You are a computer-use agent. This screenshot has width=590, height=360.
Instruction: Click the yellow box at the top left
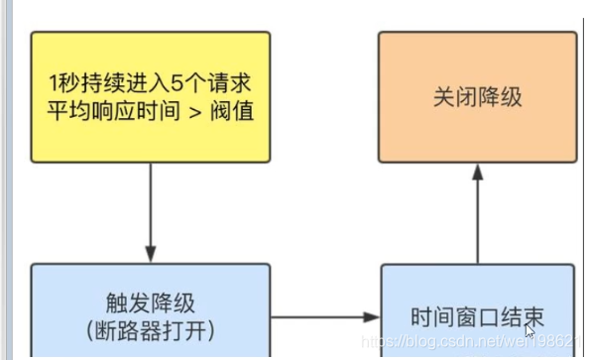pos(150,96)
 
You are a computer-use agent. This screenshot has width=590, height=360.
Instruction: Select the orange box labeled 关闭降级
pos(477,96)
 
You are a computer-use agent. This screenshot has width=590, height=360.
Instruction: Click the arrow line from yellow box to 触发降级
pos(151,208)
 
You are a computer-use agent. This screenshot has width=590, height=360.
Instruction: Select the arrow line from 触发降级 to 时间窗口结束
pos(322,317)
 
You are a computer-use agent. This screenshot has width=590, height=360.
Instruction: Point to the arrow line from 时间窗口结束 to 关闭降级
pos(477,218)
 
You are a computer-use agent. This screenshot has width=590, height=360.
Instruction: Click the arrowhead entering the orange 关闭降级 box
pos(477,172)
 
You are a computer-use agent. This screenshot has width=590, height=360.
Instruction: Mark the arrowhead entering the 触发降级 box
pos(151,255)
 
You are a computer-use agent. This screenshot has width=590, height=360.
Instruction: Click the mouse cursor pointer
pos(531,329)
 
